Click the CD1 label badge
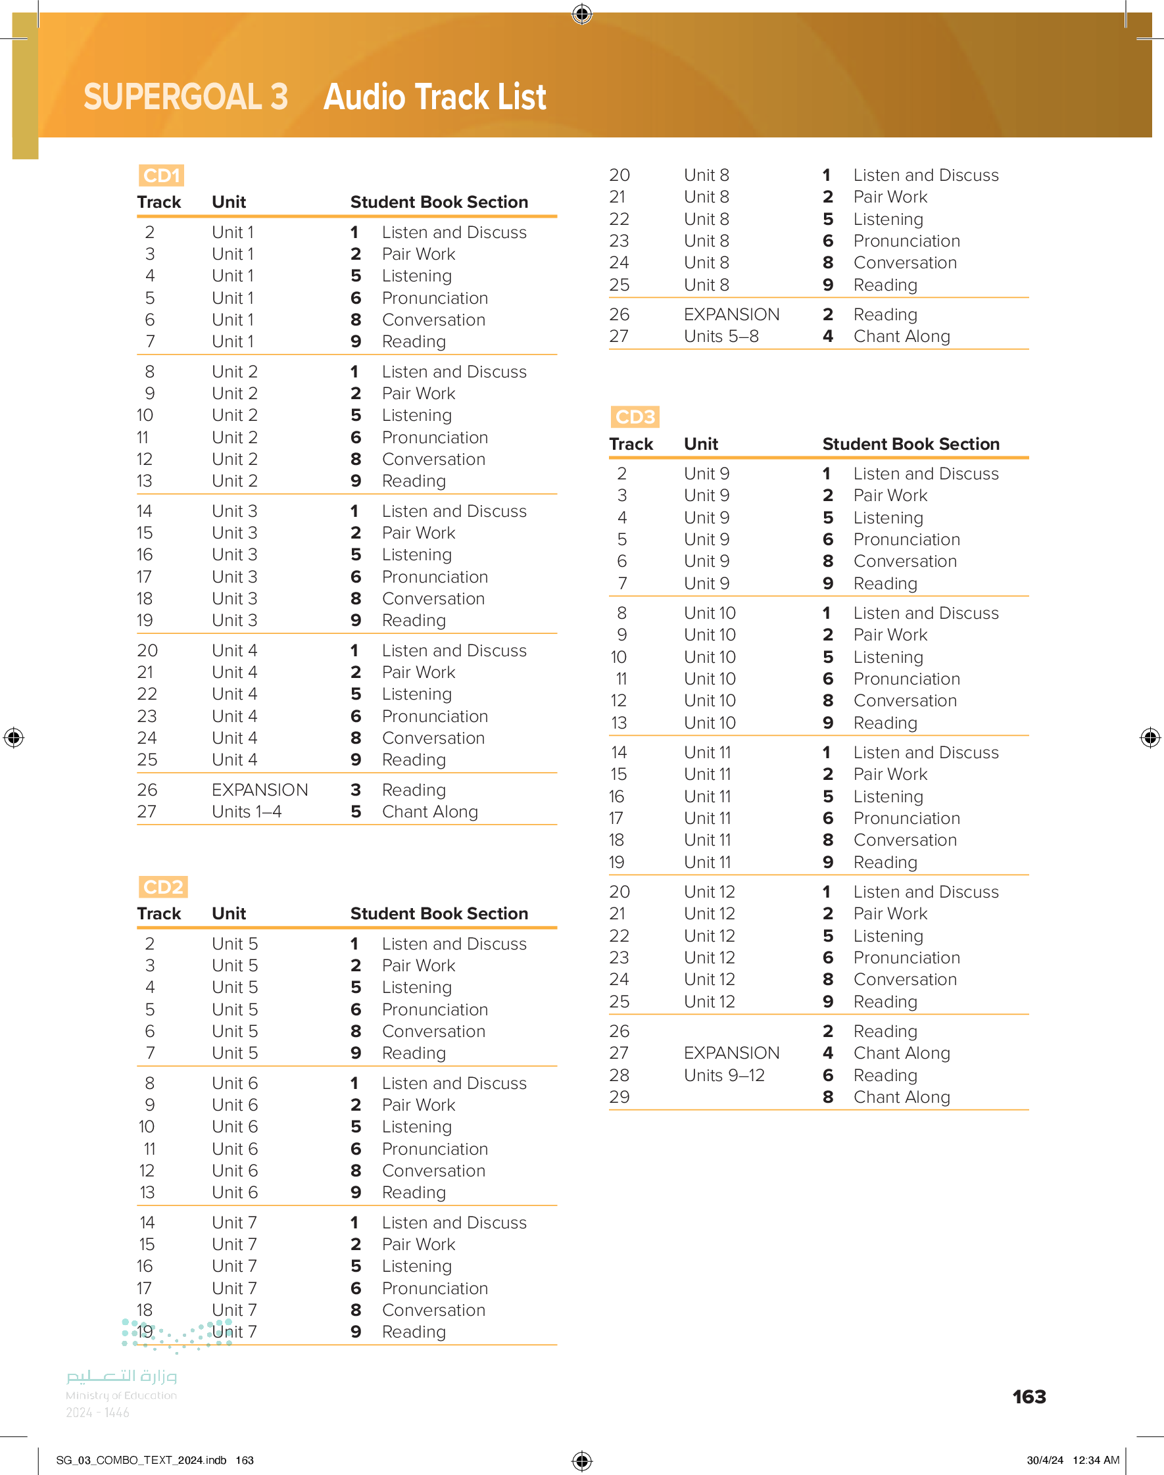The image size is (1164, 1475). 162,176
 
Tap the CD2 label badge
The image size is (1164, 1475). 163,887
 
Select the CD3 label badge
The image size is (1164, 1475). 635,417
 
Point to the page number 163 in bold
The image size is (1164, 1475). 1029,1397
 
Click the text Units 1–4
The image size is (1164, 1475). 247,812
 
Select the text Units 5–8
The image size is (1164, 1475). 721,337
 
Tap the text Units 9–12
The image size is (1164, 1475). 724,1075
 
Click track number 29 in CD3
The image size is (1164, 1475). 619,1097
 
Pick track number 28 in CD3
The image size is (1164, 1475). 619,1075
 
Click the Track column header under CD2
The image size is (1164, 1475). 158,913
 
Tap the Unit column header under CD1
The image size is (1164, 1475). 229,203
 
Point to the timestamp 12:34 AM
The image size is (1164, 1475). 1096,1460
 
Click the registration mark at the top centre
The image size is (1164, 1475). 582,14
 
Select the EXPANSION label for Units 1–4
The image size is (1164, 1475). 260,790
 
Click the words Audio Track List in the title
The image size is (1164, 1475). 435,97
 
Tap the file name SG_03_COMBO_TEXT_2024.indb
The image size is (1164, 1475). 141,1460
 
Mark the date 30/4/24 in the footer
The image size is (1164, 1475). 1045,1460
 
